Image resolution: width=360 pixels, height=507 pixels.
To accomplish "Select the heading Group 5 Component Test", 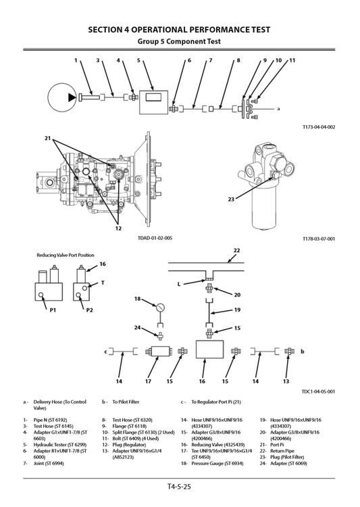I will click(x=180, y=41).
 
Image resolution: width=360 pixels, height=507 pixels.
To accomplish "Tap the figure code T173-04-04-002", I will click(x=319, y=126).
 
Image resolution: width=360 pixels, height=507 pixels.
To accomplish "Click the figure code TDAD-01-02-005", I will click(x=155, y=238).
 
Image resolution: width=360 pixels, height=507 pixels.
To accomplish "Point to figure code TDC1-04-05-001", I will click(x=318, y=391).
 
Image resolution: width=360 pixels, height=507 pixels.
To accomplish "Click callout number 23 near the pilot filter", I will click(x=231, y=199).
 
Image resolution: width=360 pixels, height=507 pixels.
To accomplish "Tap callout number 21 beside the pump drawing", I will click(x=48, y=139).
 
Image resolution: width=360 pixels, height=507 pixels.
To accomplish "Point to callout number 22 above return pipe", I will click(x=236, y=251).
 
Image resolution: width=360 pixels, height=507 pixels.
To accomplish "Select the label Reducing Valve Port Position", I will click(x=66, y=256).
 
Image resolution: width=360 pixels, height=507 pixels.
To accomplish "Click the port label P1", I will click(x=52, y=310).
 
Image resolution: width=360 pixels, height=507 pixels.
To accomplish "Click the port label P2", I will click(x=89, y=310).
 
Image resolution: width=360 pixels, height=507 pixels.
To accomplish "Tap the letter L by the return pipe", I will click(x=179, y=284).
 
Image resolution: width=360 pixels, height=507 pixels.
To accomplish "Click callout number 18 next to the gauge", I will click(x=137, y=298).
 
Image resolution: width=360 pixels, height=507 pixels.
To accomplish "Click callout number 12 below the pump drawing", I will click(x=118, y=228).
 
